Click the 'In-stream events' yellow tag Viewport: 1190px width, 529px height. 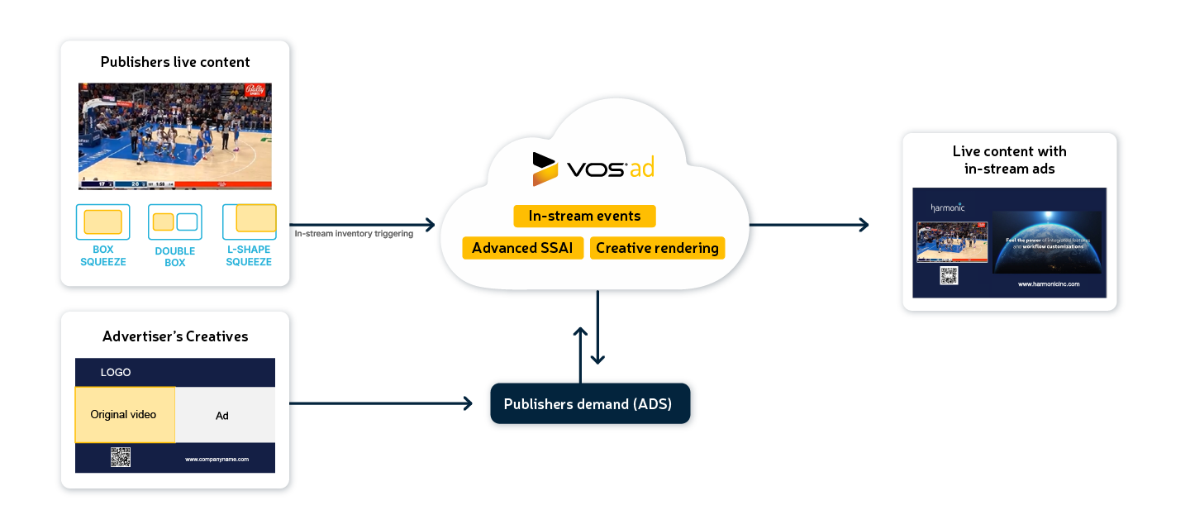(x=584, y=217)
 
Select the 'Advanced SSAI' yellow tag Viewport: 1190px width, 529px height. (x=522, y=248)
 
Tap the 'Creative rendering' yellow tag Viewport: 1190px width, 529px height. (x=657, y=248)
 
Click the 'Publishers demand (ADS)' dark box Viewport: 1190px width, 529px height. (x=588, y=405)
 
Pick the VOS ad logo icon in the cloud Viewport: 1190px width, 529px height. (x=545, y=169)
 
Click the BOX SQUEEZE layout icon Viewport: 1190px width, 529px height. (x=102, y=222)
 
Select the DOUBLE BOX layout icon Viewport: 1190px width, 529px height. (x=175, y=222)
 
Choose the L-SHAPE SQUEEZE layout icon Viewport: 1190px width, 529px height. (x=250, y=221)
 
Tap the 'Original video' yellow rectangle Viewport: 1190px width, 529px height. (x=124, y=415)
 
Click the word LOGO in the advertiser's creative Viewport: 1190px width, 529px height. (x=116, y=373)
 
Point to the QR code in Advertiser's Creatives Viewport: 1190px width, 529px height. (x=121, y=457)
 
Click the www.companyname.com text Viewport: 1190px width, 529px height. (x=217, y=459)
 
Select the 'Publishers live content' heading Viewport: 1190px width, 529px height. (x=175, y=62)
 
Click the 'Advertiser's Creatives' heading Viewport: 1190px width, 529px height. (x=175, y=336)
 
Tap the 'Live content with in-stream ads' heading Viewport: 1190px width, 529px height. (x=1009, y=160)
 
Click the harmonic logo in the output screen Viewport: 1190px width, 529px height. (x=947, y=207)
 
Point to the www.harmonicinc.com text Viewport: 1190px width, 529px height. (x=1049, y=284)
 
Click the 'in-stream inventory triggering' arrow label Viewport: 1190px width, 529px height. (x=355, y=234)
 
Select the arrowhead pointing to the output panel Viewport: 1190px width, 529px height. (x=864, y=224)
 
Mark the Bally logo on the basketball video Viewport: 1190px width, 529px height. (x=257, y=92)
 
